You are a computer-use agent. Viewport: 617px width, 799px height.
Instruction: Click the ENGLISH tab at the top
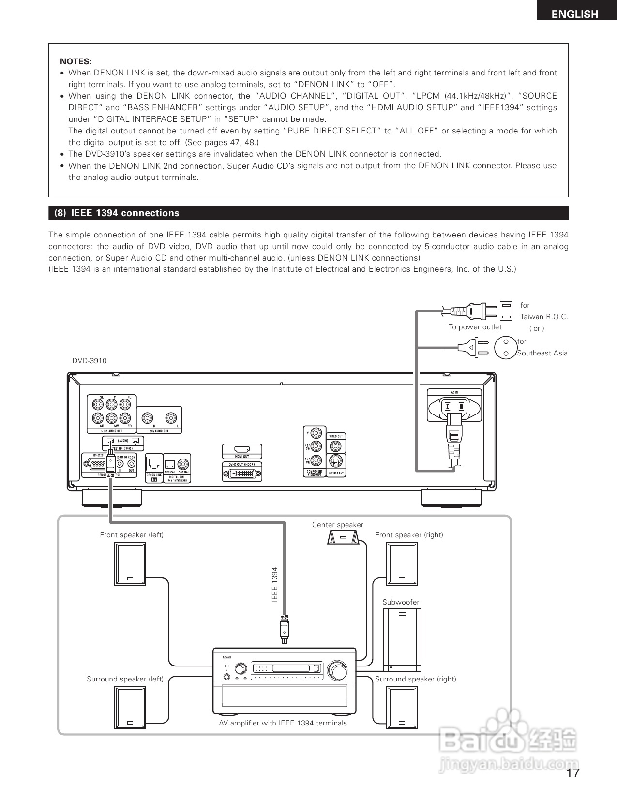(x=575, y=14)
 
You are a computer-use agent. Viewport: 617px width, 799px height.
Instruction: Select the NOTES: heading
(x=75, y=61)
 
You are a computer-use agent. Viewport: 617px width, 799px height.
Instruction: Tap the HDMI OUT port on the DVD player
(x=242, y=449)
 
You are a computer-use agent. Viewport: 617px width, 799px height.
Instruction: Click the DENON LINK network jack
(x=154, y=463)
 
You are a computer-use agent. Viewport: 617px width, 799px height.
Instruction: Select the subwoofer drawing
(x=402, y=640)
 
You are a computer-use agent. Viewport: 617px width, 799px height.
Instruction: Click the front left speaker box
(x=130, y=563)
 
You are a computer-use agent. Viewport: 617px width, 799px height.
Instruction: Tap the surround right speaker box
(x=402, y=707)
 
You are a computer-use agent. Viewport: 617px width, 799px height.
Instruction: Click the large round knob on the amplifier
(x=337, y=671)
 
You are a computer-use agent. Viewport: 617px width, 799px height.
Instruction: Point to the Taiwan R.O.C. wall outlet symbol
(x=506, y=311)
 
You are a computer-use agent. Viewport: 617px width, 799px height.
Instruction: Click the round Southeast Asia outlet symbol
(x=506, y=347)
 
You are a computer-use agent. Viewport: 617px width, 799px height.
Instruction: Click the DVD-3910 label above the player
(x=90, y=361)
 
